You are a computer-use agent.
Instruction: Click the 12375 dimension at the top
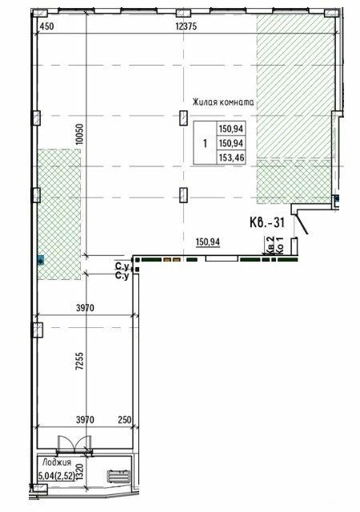point(186,26)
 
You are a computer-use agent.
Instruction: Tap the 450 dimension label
point(46,26)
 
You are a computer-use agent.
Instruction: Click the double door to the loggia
point(70,446)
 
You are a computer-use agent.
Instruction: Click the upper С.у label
point(122,266)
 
